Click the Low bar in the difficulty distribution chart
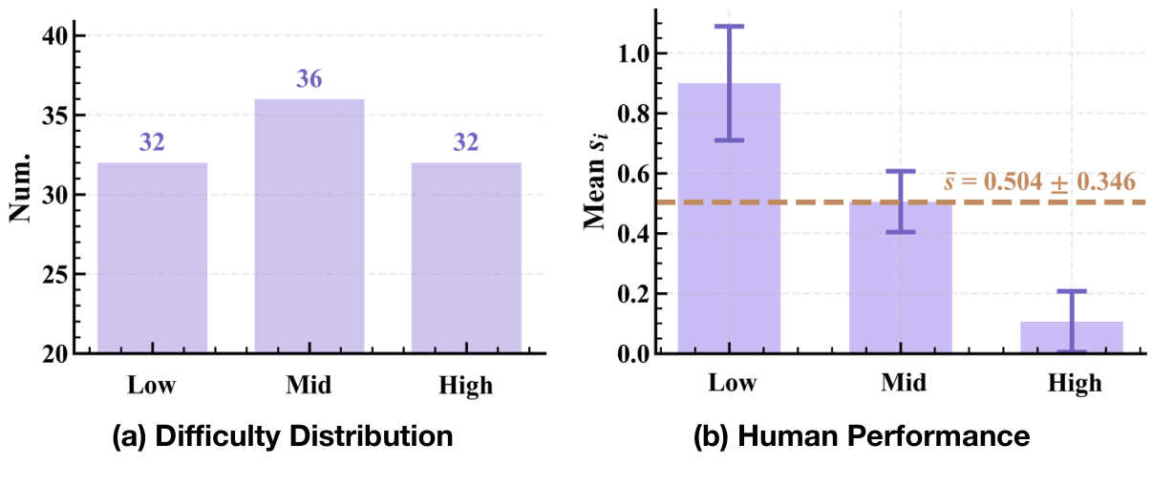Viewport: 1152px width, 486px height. tap(152, 258)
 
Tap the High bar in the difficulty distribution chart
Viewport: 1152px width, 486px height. tap(466, 258)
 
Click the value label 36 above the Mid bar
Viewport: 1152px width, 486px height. tap(309, 79)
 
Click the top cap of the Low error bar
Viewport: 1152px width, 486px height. tap(729, 27)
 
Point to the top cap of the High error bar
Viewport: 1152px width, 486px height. tap(1072, 291)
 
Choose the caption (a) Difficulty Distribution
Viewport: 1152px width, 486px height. tap(282, 437)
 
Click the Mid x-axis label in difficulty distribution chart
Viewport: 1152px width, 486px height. tap(309, 387)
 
